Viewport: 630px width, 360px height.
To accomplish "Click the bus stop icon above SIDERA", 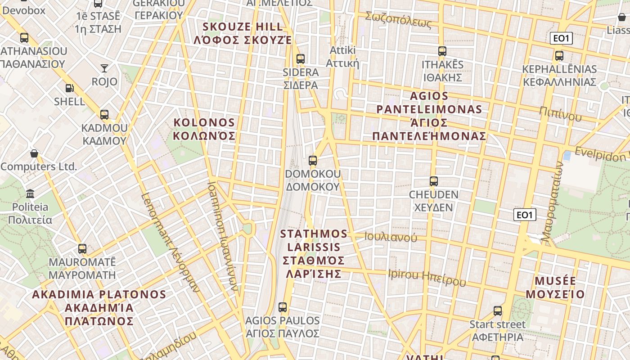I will pos(300,59).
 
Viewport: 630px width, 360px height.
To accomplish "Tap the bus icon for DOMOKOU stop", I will pos(313,161).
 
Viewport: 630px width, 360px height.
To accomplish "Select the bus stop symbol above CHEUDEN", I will pos(433,181).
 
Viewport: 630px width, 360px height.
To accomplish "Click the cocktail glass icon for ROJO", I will pos(104,68).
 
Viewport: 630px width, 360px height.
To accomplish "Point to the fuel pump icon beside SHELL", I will pos(69,88).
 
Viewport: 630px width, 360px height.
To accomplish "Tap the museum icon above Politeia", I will pos(30,194).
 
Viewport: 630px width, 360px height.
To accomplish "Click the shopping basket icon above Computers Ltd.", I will pos(34,153).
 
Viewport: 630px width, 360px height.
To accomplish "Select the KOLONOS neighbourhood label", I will pos(204,129).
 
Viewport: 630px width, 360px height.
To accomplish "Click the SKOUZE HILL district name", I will pos(243,33).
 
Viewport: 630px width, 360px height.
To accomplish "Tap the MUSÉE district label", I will pos(555,288).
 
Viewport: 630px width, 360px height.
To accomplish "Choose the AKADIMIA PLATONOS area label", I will pos(99,308).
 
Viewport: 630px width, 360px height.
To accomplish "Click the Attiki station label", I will pos(343,56).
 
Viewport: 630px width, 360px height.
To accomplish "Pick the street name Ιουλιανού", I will pos(391,237).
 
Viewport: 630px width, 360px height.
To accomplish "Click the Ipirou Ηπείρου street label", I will pos(427,277).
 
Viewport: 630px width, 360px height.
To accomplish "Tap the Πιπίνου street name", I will pos(560,114).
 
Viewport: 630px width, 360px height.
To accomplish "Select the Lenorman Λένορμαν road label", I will pos(170,243).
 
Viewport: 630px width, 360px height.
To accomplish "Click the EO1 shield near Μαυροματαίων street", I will pos(525,215).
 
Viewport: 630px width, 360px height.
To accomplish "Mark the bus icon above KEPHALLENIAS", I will pos(559,56).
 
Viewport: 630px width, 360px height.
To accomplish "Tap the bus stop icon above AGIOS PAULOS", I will pos(283,307).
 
